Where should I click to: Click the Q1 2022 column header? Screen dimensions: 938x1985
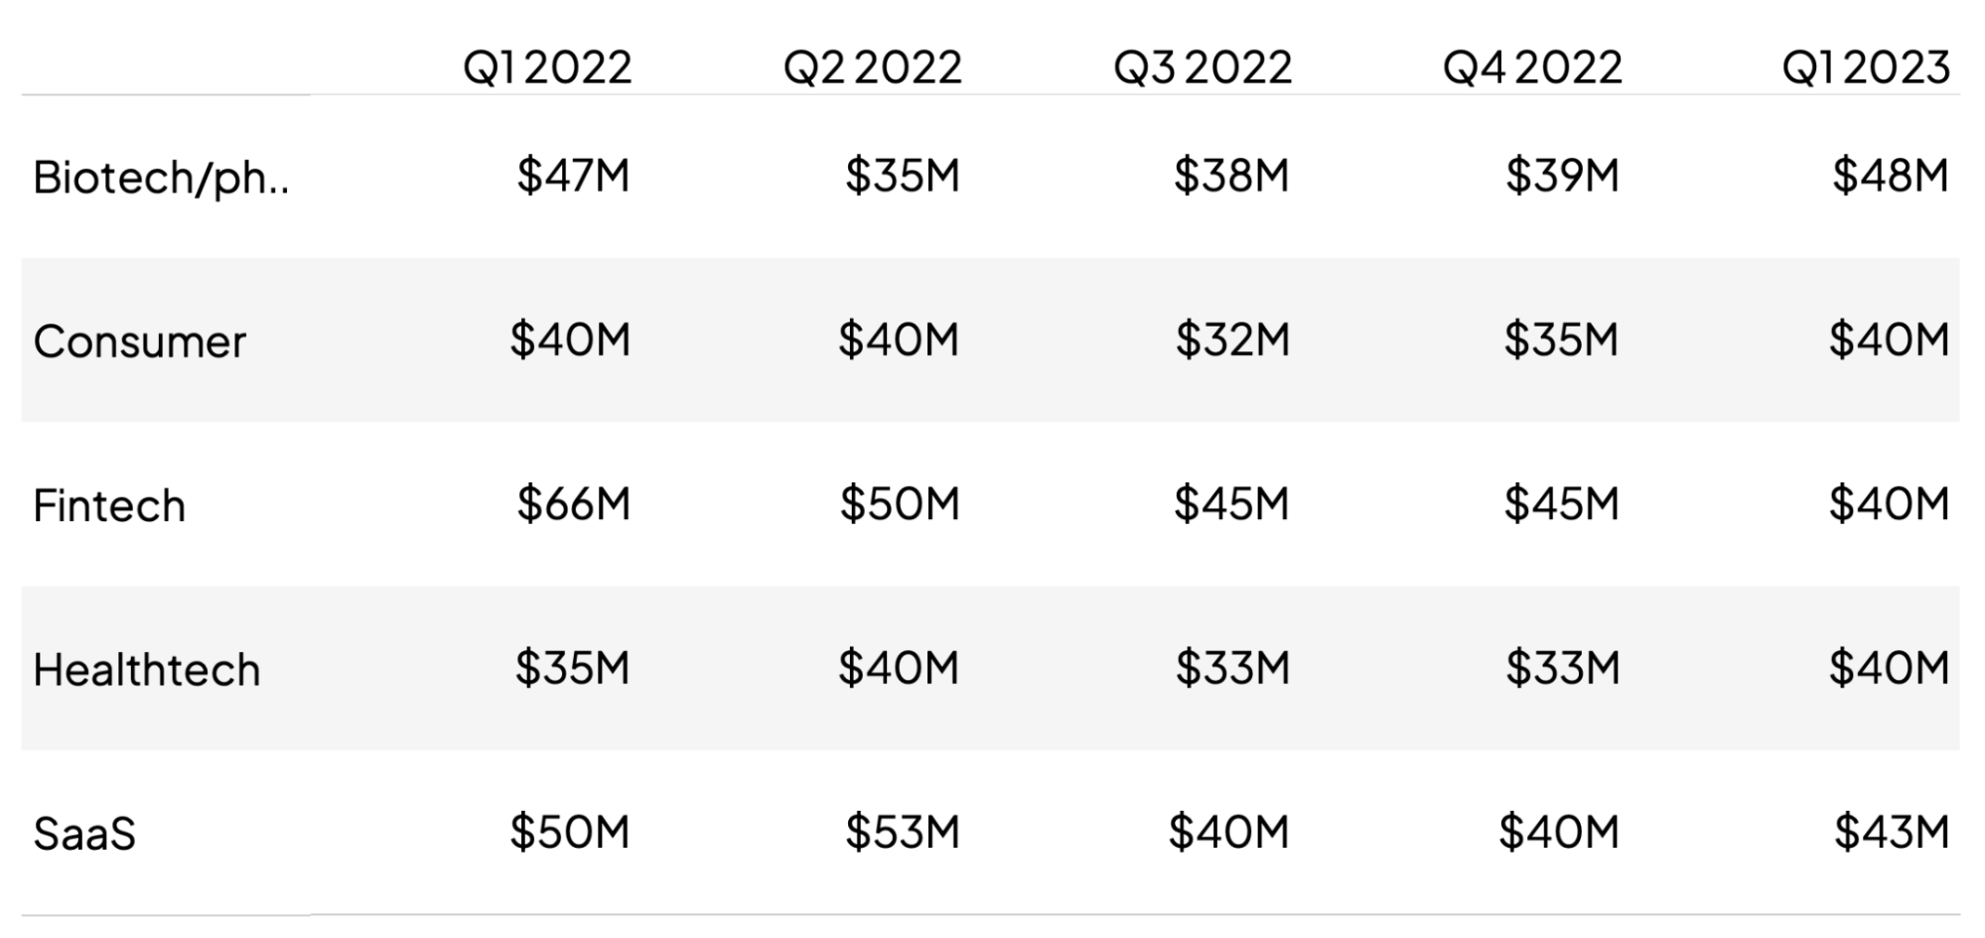[x=547, y=67]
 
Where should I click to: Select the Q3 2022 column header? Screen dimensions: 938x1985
[x=1203, y=67]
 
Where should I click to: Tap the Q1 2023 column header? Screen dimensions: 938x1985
[x=1866, y=67]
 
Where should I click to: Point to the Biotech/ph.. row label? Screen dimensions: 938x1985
[x=161, y=178]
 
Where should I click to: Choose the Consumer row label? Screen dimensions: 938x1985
[x=139, y=341]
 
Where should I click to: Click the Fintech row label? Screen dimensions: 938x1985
[x=109, y=505]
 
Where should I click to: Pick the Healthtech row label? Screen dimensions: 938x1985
[x=147, y=669]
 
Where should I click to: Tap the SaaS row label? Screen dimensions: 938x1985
[x=84, y=833]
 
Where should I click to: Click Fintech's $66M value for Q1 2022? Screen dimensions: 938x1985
[x=573, y=503]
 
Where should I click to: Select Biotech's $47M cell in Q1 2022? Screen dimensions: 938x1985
[x=573, y=176]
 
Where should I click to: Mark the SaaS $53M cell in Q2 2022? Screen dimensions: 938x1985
[x=902, y=832]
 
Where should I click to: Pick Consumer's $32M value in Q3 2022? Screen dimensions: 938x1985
[x=1232, y=339]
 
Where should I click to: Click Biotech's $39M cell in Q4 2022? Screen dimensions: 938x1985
[x=1562, y=176]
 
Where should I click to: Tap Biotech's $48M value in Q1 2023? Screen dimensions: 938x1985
[x=1890, y=176]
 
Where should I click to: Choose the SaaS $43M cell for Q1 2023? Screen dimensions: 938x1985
[x=1891, y=832]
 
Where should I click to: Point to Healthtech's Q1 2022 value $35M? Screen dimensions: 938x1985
[x=572, y=667]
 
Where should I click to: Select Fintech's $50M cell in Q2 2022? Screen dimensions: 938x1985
[x=900, y=503]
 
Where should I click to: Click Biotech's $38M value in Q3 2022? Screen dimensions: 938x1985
[x=1231, y=176]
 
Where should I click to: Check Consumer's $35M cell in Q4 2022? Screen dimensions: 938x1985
[x=1561, y=339]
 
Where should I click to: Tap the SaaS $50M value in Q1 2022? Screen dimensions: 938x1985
[x=570, y=832]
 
